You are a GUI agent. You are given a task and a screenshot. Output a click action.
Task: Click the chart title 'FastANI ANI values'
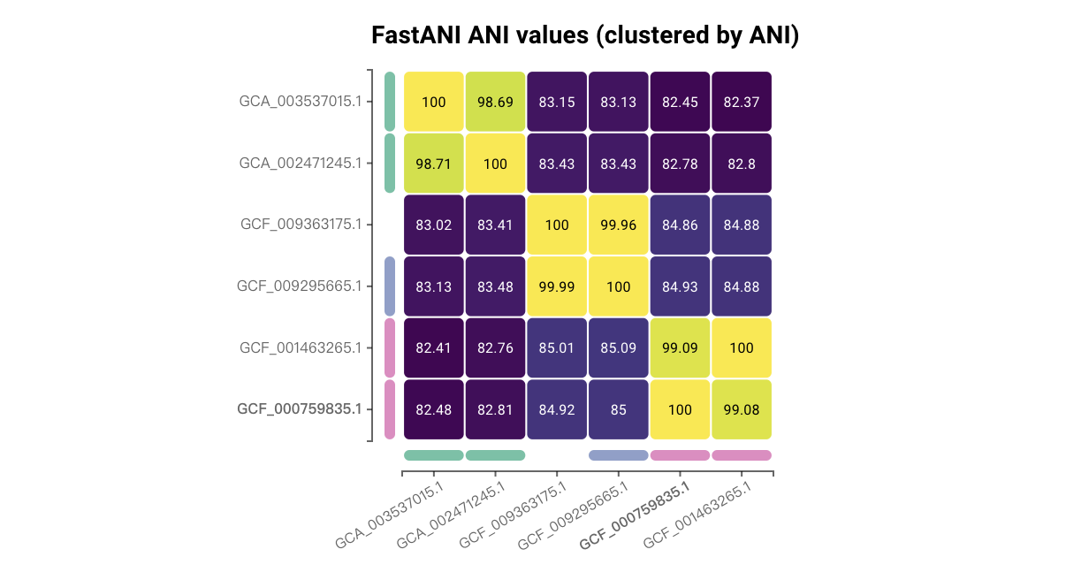[x=585, y=36]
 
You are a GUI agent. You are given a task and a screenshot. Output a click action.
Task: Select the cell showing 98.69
[x=495, y=102]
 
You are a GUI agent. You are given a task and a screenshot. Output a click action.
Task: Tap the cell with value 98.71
[x=433, y=164]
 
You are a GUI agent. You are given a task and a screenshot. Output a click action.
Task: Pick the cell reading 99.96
[x=618, y=225]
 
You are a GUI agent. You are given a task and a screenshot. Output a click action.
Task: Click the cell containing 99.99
[x=557, y=286]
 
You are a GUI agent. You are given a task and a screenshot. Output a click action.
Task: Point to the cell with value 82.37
[x=742, y=102]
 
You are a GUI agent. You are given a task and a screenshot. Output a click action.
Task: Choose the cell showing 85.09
[x=618, y=347]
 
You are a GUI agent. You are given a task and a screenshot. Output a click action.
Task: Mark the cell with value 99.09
[x=680, y=347]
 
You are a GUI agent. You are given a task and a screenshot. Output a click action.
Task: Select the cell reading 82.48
[x=433, y=409]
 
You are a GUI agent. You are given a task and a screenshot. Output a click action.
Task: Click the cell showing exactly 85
[x=618, y=409]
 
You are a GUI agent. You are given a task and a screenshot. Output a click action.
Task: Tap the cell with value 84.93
[x=680, y=286]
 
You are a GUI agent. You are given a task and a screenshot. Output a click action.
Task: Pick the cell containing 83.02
[x=433, y=225]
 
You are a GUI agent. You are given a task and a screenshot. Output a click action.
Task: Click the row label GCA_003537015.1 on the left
[x=301, y=102]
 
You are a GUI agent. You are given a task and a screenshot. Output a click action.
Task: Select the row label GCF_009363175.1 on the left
[x=301, y=225]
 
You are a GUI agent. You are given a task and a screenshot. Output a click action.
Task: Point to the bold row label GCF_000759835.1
[x=300, y=409]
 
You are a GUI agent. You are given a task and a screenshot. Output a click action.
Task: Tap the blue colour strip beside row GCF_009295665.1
[x=390, y=286]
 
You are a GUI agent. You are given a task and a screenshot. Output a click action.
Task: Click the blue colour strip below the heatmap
[x=618, y=455]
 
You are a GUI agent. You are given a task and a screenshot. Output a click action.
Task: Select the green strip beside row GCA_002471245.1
[x=390, y=164]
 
